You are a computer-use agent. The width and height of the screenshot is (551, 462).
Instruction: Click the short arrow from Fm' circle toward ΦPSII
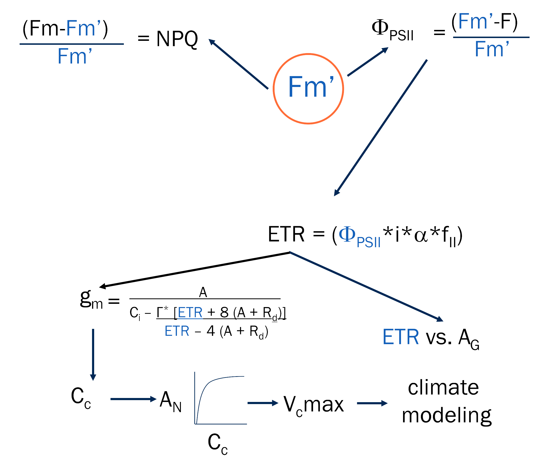pos(367,62)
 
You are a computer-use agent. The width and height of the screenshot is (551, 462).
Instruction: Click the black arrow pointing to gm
pos(194,270)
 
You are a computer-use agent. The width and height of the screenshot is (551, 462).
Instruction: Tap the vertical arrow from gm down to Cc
pos(93,354)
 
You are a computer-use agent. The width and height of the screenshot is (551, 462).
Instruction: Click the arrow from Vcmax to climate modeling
pos(372,403)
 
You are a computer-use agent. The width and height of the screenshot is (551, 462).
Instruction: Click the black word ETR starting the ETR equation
pos(286,234)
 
